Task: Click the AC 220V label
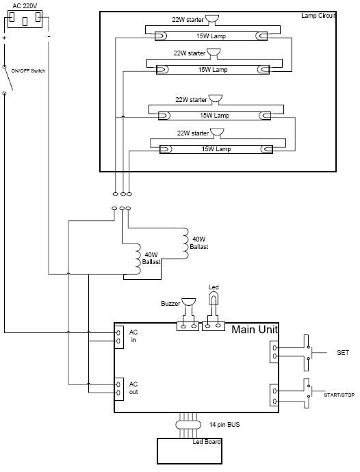[x=25, y=6]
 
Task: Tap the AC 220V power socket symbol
[x=25, y=19]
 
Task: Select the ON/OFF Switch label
[x=28, y=70]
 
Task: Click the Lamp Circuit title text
[x=318, y=16]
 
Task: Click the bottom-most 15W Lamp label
[x=216, y=148]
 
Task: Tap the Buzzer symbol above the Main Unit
[x=188, y=302]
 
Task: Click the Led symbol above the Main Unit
[x=214, y=299]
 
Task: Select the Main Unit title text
[x=255, y=329]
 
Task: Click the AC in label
[x=133, y=336]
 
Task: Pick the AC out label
[x=133, y=388]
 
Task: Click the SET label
[x=343, y=352]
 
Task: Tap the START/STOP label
[x=339, y=395]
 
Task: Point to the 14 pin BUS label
[x=224, y=424]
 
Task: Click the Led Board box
[x=190, y=451]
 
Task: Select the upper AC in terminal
[x=118, y=332]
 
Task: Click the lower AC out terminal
[x=118, y=393]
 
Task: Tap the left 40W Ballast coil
[x=138, y=259]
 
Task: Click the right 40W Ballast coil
[x=185, y=244]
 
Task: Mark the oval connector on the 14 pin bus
[x=188, y=425]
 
